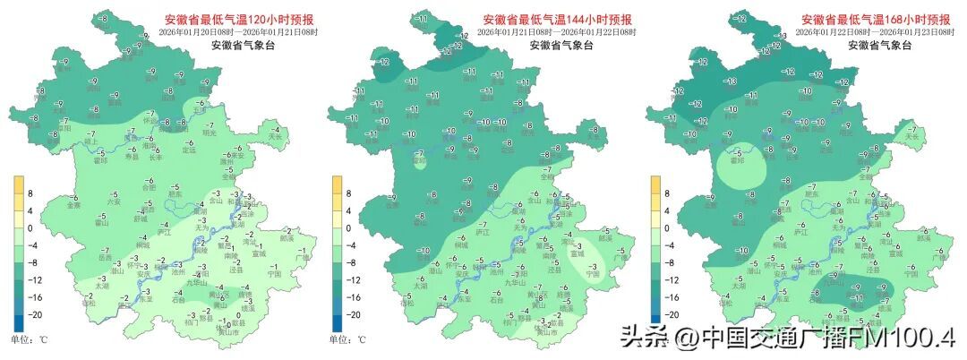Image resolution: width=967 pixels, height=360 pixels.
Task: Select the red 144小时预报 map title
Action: point(557,20)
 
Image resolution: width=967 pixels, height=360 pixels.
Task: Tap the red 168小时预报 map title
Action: point(875,19)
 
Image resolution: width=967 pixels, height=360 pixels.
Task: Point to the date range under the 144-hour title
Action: point(556,32)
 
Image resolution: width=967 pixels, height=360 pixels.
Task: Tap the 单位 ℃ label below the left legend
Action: point(29,340)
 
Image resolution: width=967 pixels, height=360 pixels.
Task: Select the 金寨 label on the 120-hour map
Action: point(74,205)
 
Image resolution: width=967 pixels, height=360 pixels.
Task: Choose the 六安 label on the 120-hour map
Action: point(114,202)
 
